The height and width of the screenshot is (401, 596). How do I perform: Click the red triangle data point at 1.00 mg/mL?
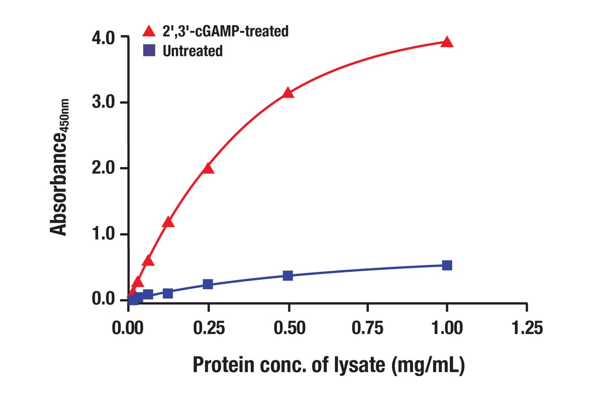tap(447, 42)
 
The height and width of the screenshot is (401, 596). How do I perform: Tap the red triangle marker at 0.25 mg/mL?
tap(208, 168)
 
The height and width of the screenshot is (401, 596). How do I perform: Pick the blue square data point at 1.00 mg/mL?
tap(447, 265)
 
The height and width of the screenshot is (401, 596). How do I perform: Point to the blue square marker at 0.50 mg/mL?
tap(288, 275)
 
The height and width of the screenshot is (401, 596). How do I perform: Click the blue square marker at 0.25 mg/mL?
tap(208, 284)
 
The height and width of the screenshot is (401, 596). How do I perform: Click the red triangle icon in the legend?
tap(149, 31)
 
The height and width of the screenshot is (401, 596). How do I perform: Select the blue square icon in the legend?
tap(149, 51)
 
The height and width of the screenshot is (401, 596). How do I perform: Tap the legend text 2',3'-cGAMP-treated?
tap(225, 31)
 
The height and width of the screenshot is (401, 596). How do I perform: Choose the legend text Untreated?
tap(192, 51)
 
